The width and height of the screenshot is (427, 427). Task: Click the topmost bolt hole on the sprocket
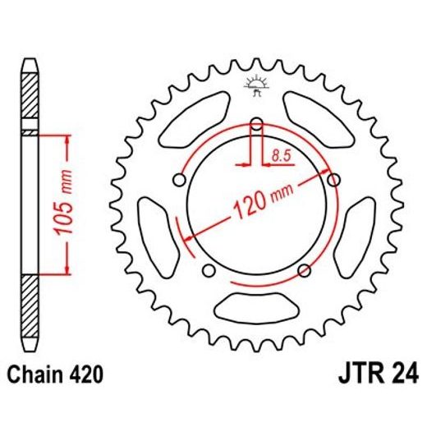tap(255, 124)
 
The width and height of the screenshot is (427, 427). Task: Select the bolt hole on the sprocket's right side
tap(333, 180)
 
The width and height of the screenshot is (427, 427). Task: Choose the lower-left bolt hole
tap(207, 271)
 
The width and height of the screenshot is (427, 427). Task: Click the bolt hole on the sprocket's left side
tap(177, 180)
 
